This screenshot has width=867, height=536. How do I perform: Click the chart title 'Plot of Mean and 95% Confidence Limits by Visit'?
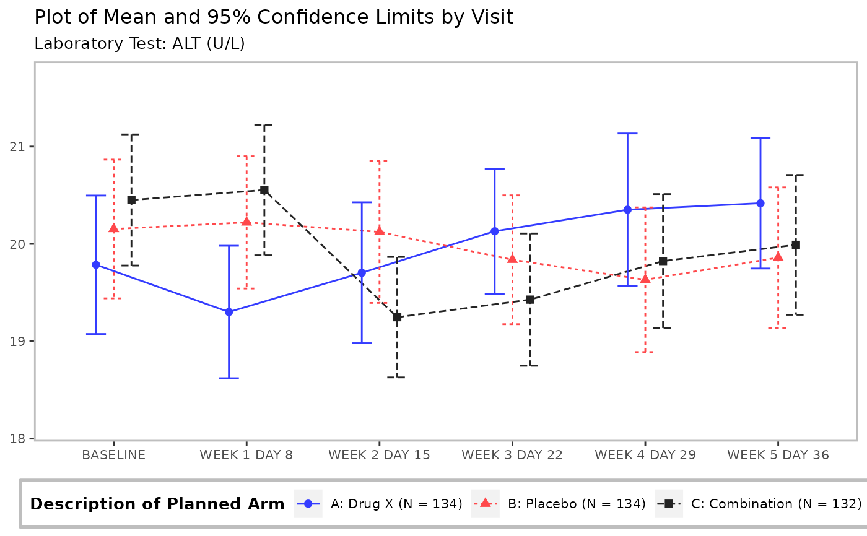pos(274,17)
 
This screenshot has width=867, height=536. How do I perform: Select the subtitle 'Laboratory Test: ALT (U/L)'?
pos(140,44)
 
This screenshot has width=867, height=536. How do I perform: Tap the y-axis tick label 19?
pos(17,342)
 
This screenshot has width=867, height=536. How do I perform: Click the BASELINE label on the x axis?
pos(114,455)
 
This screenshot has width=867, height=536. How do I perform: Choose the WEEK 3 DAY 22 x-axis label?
pos(512,455)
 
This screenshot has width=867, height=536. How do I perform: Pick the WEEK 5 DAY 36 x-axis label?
pos(778,455)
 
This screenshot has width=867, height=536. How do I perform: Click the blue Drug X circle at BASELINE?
pos(96,265)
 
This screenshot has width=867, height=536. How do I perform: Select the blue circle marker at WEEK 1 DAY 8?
pos(229,312)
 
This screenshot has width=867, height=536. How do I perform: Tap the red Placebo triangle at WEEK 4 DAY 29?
pos(645,279)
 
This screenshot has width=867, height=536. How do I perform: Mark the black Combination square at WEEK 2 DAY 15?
pos(397,318)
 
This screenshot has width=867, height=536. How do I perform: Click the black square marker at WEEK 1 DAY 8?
pos(264,190)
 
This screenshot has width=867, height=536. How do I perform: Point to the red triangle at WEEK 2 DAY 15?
pos(379,231)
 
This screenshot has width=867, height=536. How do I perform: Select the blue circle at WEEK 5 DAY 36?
pos(760,204)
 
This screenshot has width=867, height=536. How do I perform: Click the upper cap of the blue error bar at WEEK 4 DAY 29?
pos(627,134)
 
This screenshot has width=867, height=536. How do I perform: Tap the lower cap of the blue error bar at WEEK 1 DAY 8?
pos(229,378)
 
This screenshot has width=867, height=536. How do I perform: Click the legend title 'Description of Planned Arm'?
pos(157,504)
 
